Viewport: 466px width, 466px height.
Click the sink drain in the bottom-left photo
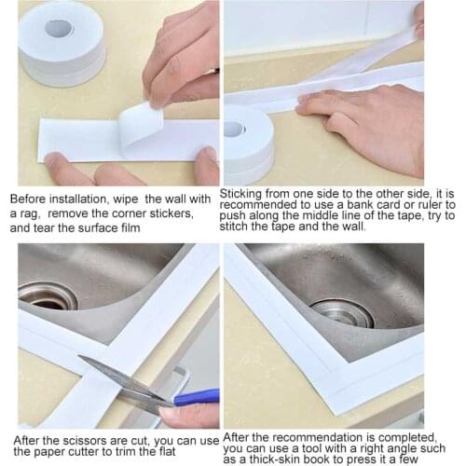pos(47,295)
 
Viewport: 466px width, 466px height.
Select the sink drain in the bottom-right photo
pos(341,312)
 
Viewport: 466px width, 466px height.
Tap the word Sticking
pos(247,193)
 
